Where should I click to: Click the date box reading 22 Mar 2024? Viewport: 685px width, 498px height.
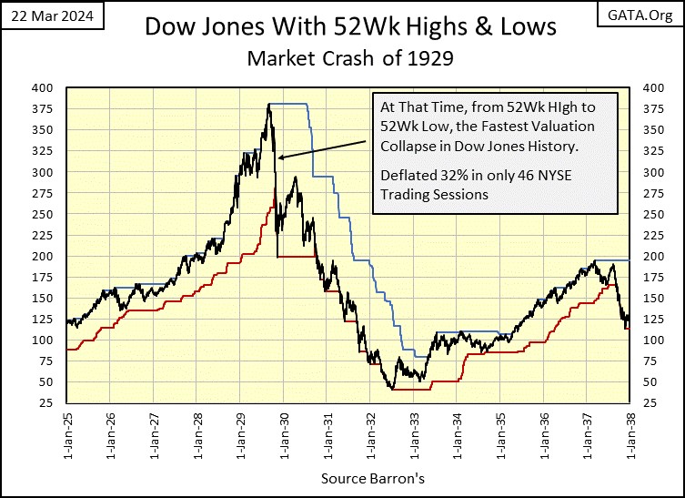click(54, 15)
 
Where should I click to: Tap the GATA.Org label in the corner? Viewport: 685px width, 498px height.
click(642, 15)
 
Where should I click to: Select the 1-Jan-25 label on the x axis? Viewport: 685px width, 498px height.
click(68, 435)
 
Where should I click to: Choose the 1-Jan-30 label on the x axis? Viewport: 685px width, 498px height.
click(283, 435)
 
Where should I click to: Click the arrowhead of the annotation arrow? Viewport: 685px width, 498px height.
click(281, 158)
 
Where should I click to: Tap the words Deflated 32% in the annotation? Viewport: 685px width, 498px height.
click(418, 176)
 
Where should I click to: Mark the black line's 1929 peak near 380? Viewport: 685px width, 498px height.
click(269, 105)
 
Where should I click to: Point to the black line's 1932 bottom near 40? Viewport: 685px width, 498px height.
click(392, 389)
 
